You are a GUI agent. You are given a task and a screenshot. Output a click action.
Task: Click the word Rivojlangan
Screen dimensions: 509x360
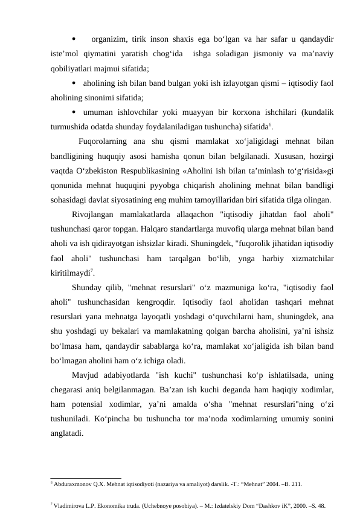tap(94, 215)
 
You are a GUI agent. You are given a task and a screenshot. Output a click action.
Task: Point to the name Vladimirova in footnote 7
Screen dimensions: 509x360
tap(68, 503)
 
